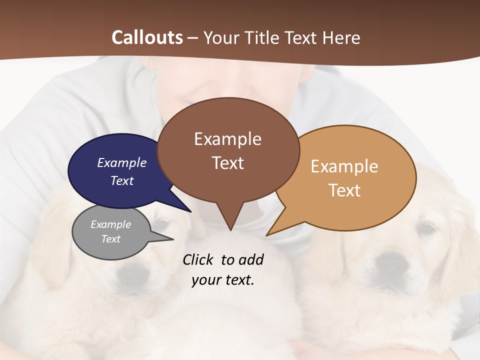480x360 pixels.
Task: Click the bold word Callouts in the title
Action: [x=147, y=37]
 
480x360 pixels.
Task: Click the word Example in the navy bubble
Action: [x=121, y=162]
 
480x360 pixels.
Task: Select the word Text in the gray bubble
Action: [x=110, y=239]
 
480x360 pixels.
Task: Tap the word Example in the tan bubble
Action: [x=344, y=166]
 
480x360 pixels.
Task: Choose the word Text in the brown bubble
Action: [x=228, y=163]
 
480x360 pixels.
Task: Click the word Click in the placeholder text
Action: [x=198, y=259]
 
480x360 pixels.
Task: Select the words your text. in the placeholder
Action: [x=223, y=280]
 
